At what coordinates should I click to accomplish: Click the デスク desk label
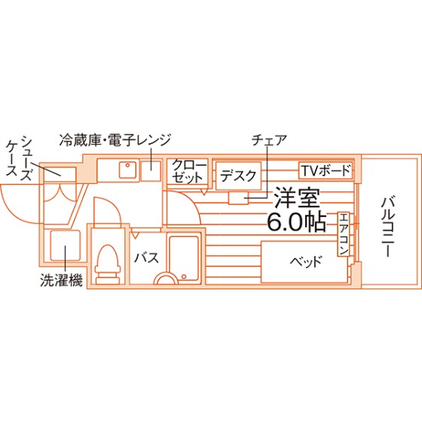238,176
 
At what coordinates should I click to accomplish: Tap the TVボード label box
326,170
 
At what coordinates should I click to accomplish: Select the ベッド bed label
305,261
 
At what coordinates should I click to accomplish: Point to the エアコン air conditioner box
344,234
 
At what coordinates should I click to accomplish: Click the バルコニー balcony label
387,227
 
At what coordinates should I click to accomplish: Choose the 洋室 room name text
297,198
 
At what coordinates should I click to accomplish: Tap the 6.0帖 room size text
297,222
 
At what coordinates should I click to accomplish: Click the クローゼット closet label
188,171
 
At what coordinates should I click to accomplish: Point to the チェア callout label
269,140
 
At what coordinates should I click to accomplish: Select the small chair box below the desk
238,198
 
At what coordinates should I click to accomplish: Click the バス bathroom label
147,258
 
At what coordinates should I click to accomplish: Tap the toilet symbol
108,264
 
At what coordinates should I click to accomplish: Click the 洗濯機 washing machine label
61,280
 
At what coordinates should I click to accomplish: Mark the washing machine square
66,246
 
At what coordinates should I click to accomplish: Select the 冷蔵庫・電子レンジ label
115,140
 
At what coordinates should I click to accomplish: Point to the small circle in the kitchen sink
127,165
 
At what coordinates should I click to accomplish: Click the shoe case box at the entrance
60,174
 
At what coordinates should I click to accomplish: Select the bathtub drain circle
184,277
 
